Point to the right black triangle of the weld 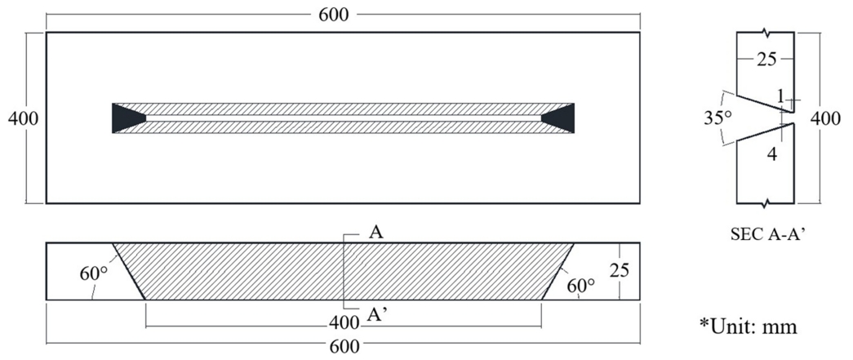560,118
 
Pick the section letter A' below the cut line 377,315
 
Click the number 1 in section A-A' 780,96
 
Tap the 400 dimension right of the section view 826,118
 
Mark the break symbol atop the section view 767,33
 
